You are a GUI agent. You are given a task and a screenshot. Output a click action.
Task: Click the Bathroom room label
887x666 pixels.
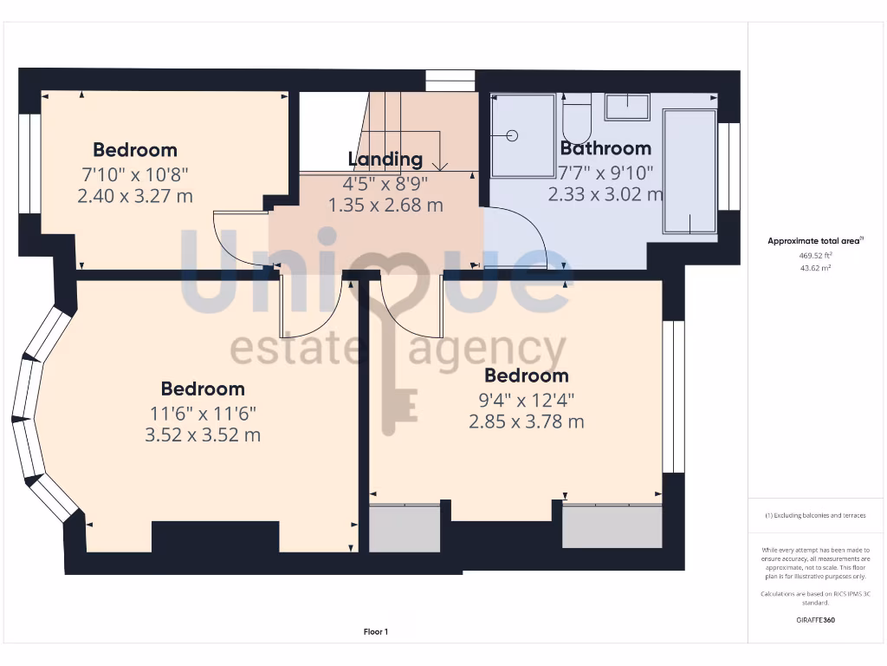point(605,147)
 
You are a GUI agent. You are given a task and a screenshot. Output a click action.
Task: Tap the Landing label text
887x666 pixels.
point(385,159)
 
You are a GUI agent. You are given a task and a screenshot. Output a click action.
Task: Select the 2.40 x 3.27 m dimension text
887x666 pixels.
point(135,196)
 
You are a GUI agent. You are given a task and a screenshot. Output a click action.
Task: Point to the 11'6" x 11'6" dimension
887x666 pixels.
point(202,412)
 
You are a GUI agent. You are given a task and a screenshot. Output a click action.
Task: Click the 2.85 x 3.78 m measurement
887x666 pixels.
point(526,421)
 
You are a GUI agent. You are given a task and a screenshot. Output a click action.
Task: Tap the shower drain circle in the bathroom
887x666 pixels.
point(512,135)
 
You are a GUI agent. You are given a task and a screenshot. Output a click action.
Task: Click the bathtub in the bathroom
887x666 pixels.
point(690,172)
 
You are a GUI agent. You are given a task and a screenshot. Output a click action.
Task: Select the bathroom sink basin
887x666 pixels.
point(626,107)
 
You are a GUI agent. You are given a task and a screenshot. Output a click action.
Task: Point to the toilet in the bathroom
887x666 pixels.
point(575,121)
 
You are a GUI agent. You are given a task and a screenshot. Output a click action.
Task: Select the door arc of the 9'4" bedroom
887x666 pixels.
point(407,312)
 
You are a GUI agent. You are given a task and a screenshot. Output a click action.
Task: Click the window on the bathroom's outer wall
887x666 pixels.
point(729,166)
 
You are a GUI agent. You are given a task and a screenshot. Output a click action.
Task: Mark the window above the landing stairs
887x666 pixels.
point(450,81)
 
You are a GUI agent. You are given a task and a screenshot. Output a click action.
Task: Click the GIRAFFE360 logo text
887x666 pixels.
point(814,620)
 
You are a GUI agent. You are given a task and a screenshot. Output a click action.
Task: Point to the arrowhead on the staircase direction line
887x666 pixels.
point(442,166)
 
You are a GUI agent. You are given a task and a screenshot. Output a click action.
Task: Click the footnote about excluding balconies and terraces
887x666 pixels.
point(814,515)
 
